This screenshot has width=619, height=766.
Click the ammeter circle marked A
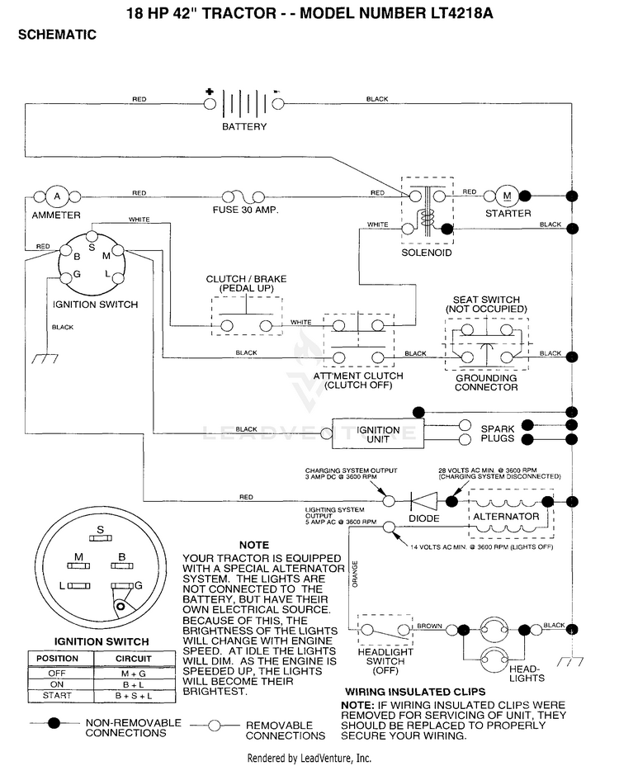click(x=57, y=196)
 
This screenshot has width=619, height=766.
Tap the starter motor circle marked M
click(x=507, y=196)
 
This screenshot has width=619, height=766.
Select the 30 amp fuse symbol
click(x=243, y=197)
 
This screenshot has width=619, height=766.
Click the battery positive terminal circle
click(x=210, y=103)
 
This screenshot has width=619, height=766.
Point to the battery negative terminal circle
click(x=278, y=103)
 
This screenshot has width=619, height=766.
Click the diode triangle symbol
click(x=423, y=501)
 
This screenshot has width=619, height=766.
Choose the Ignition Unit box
click(x=378, y=433)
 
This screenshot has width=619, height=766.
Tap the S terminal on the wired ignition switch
click(x=92, y=237)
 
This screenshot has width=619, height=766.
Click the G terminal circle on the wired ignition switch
click(x=65, y=278)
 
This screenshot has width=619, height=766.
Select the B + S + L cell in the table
click(x=134, y=696)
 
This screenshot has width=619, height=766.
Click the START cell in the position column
click(x=57, y=696)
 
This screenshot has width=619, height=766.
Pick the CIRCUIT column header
click(x=134, y=659)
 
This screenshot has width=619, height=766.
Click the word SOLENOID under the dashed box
click(x=427, y=253)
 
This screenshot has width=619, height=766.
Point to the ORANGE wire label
click(x=355, y=574)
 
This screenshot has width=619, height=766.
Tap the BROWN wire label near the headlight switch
click(x=429, y=626)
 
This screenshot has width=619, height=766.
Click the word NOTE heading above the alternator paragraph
click(x=254, y=545)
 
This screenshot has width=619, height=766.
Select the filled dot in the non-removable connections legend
click(x=54, y=722)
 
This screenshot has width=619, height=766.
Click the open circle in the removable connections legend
click(x=214, y=726)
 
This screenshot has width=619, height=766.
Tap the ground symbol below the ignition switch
click(x=45, y=359)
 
